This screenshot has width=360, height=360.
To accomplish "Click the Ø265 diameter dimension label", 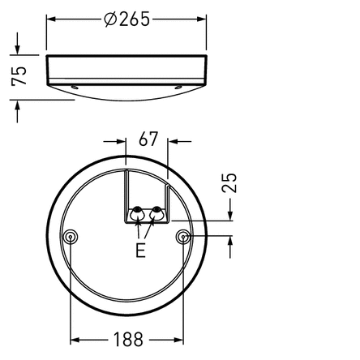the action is click(x=126, y=19).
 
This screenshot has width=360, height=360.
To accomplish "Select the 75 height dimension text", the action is click(x=19, y=76).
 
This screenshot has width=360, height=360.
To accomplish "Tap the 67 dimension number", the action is click(x=148, y=139).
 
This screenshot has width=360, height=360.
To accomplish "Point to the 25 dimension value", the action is click(x=229, y=182).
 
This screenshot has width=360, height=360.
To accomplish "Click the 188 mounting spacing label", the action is click(x=128, y=340).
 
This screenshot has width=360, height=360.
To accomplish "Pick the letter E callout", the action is click(x=140, y=251).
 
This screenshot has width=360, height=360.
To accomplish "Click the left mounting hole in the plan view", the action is click(x=71, y=237).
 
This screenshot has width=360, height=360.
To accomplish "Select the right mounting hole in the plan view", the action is click(x=183, y=237).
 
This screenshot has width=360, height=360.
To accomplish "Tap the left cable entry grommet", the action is click(x=136, y=214).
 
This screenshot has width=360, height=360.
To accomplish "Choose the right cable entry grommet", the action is click(x=156, y=214).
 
